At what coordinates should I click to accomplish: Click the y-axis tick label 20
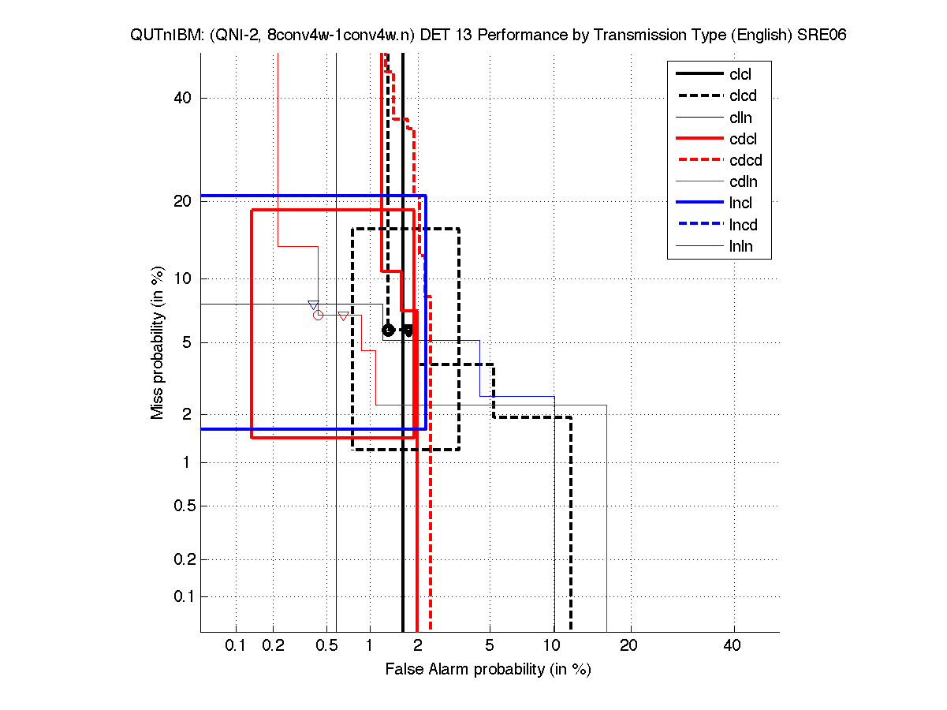tap(184, 201)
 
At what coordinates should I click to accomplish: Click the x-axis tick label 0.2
tap(273, 646)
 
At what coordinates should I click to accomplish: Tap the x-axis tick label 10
tap(554, 646)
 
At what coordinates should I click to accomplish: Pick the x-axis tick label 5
tap(490, 646)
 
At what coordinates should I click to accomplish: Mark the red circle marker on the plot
tap(318, 315)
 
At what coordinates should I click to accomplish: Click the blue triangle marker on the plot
tap(313, 305)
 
